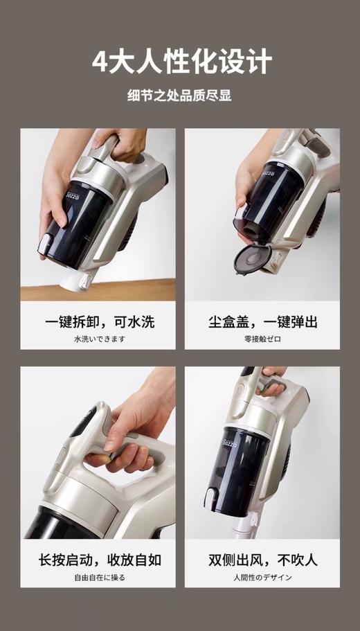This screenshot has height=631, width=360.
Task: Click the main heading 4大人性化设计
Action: (181, 62)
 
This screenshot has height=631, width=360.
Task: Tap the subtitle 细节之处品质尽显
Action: (179, 96)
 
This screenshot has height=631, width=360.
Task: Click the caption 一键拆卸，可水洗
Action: (98, 321)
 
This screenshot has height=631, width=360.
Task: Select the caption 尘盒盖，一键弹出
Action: (262, 321)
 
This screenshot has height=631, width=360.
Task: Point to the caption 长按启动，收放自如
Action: (98, 560)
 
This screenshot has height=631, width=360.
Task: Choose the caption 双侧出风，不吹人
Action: (262, 560)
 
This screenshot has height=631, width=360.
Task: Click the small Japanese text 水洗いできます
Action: (98, 339)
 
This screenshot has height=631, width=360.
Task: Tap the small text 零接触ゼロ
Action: (262, 339)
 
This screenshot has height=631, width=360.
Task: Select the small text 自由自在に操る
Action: (98, 577)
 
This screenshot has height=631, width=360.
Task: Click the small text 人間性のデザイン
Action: (262, 577)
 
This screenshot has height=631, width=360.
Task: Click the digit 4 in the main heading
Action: (101, 62)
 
